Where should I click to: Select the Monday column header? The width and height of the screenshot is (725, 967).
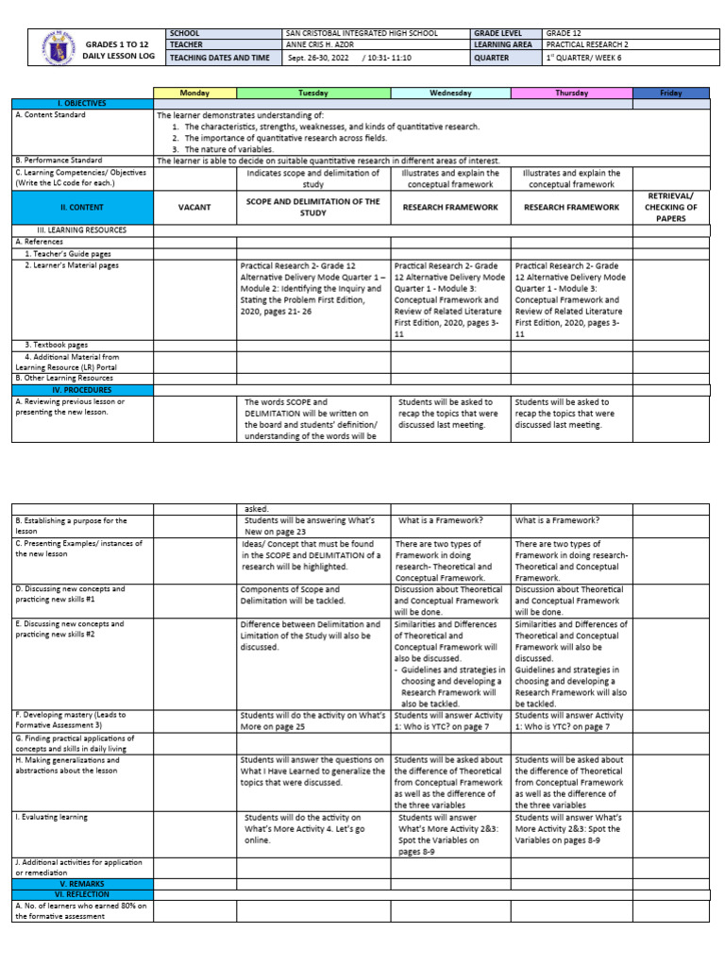[194, 93]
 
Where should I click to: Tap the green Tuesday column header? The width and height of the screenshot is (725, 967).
[312, 93]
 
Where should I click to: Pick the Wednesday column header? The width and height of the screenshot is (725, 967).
[450, 93]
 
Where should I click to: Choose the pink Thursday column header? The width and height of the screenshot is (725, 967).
[571, 93]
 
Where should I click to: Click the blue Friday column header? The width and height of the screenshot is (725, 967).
[671, 93]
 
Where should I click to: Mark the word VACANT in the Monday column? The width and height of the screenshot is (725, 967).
[194, 206]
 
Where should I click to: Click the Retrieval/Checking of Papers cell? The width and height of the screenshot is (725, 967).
[671, 207]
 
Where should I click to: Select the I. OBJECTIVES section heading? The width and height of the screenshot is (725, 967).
[83, 103]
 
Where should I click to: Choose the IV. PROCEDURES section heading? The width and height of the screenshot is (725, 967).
[83, 389]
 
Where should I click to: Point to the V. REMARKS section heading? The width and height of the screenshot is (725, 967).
[83, 884]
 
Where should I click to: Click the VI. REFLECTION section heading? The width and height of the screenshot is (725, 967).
[83, 894]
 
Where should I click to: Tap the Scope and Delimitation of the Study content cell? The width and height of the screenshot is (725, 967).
[312, 207]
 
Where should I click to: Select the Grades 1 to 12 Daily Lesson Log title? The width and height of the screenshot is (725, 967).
[117, 51]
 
